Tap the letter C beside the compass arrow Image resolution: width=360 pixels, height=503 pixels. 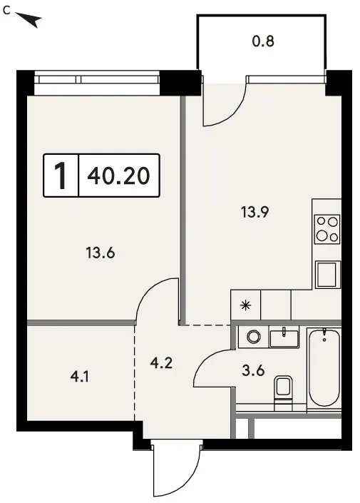[6, 11]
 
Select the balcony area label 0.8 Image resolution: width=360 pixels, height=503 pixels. [263, 41]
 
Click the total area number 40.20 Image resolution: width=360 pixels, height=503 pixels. [118, 176]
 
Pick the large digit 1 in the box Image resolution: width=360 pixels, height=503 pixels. [61, 176]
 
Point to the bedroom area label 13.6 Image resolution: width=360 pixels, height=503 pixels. [101, 253]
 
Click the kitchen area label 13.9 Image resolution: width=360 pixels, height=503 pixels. [255, 212]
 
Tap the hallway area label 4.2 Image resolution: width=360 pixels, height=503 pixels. [161, 363]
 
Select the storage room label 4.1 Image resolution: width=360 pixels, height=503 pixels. [80, 376]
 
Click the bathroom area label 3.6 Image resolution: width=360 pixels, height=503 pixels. [253, 370]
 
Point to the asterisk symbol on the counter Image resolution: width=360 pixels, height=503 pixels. [246, 305]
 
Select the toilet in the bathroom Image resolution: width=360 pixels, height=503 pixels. [284, 392]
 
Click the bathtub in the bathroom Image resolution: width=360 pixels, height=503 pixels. [324, 369]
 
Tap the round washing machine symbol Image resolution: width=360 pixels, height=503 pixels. [254, 337]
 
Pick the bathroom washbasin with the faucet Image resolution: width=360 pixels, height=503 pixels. [284, 337]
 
